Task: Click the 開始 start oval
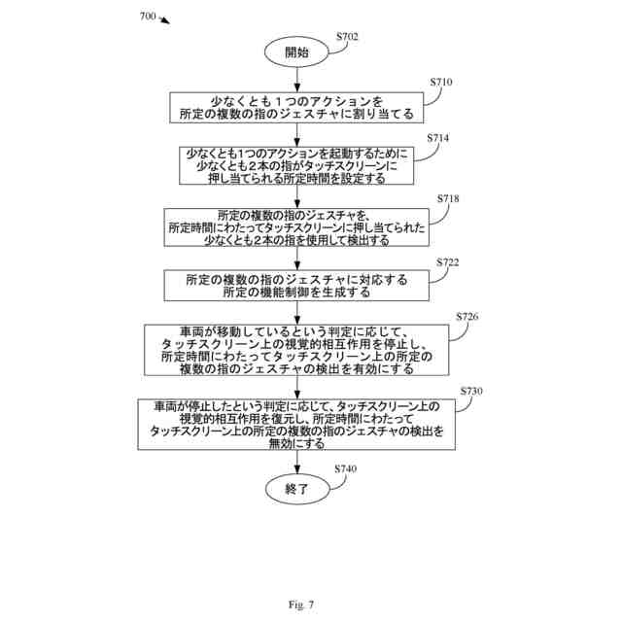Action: [x=296, y=52]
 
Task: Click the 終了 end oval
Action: [x=297, y=489]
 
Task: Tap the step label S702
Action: [x=347, y=37]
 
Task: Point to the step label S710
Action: [x=441, y=82]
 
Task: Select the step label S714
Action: [x=438, y=138]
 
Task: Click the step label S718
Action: [x=448, y=198]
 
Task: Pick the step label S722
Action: [x=447, y=262]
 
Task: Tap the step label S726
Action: [x=466, y=317]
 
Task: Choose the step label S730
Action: [x=471, y=391]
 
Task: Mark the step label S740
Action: [x=346, y=468]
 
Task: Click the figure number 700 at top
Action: [x=148, y=17]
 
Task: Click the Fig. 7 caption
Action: [x=301, y=605]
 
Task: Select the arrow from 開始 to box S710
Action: [x=297, y=80]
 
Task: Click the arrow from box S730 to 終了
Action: [x=297, y=462]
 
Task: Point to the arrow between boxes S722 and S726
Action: [x=297, y=313]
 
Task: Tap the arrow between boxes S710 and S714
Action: [x=297, y=135]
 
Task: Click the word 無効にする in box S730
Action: [x=296, y=443]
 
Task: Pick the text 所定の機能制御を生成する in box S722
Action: [x=296, y=293]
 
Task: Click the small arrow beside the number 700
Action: [x=164, y=19]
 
